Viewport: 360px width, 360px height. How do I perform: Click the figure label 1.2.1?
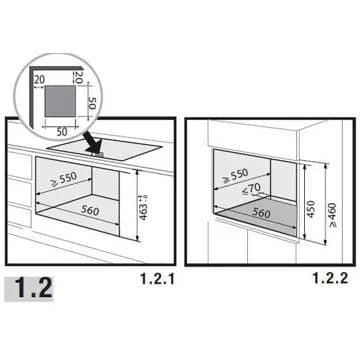pos(158,279)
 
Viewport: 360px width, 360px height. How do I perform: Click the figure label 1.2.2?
pos(331,278)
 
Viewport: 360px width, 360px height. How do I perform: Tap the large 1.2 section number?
pos(34,288)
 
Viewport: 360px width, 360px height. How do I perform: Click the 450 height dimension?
pos(310,209)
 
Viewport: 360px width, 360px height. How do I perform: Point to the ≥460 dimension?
pos(332,215)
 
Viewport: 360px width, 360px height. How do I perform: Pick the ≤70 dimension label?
pos(251,189)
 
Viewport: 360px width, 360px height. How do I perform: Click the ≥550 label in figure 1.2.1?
pos(64,179)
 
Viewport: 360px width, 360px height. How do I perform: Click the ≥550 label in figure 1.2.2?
pos(236,176)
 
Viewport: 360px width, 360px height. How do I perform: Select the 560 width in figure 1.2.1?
pos(90,210)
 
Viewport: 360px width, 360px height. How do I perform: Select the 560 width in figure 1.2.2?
pos(261,213)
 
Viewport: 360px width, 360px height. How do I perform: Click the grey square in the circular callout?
pos(60,101)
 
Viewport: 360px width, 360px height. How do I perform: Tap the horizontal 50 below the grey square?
pos(62,132)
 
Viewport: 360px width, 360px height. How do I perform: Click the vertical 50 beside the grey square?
pos(92,103)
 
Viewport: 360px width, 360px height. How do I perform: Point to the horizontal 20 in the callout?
pos(39,79)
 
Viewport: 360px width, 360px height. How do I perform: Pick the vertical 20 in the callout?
pos(78,77)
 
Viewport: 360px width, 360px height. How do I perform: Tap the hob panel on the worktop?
pos(104,150)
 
